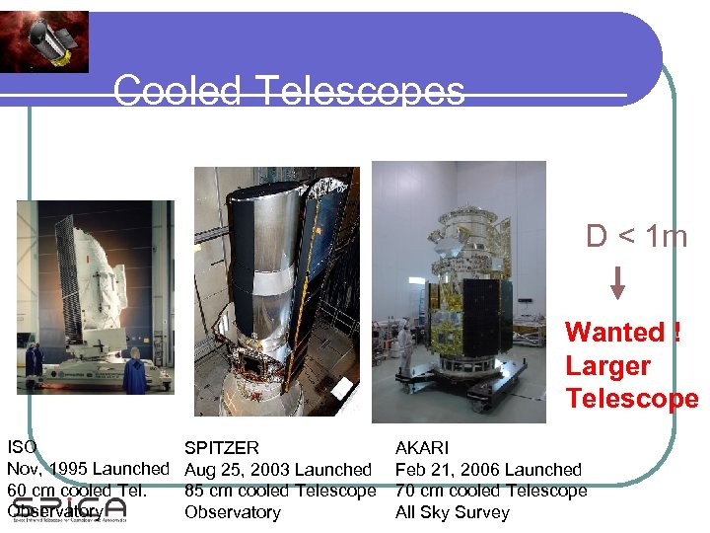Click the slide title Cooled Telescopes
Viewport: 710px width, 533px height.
(289, 92)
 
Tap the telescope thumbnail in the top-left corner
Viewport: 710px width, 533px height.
(44, 41)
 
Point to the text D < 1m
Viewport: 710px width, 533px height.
(635, 236)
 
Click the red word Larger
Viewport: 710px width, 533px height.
(607, 366)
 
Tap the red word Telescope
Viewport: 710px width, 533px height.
(631, 399)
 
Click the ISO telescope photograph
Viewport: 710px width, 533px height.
(95, 297)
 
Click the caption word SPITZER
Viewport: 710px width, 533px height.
(222, 449)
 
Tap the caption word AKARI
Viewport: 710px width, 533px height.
(422, 449)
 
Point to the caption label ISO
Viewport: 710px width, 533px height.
(22, 448)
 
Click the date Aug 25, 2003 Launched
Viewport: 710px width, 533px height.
(278, 470)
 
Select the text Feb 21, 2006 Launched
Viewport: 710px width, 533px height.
(488, 470)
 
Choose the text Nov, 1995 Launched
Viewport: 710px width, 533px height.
(89, 469)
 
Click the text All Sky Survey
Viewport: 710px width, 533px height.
(453, 512)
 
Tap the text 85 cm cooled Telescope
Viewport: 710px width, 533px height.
(280, 491)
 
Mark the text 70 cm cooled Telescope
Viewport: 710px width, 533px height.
(491, 491)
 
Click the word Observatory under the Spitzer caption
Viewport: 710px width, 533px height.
(233, 512)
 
